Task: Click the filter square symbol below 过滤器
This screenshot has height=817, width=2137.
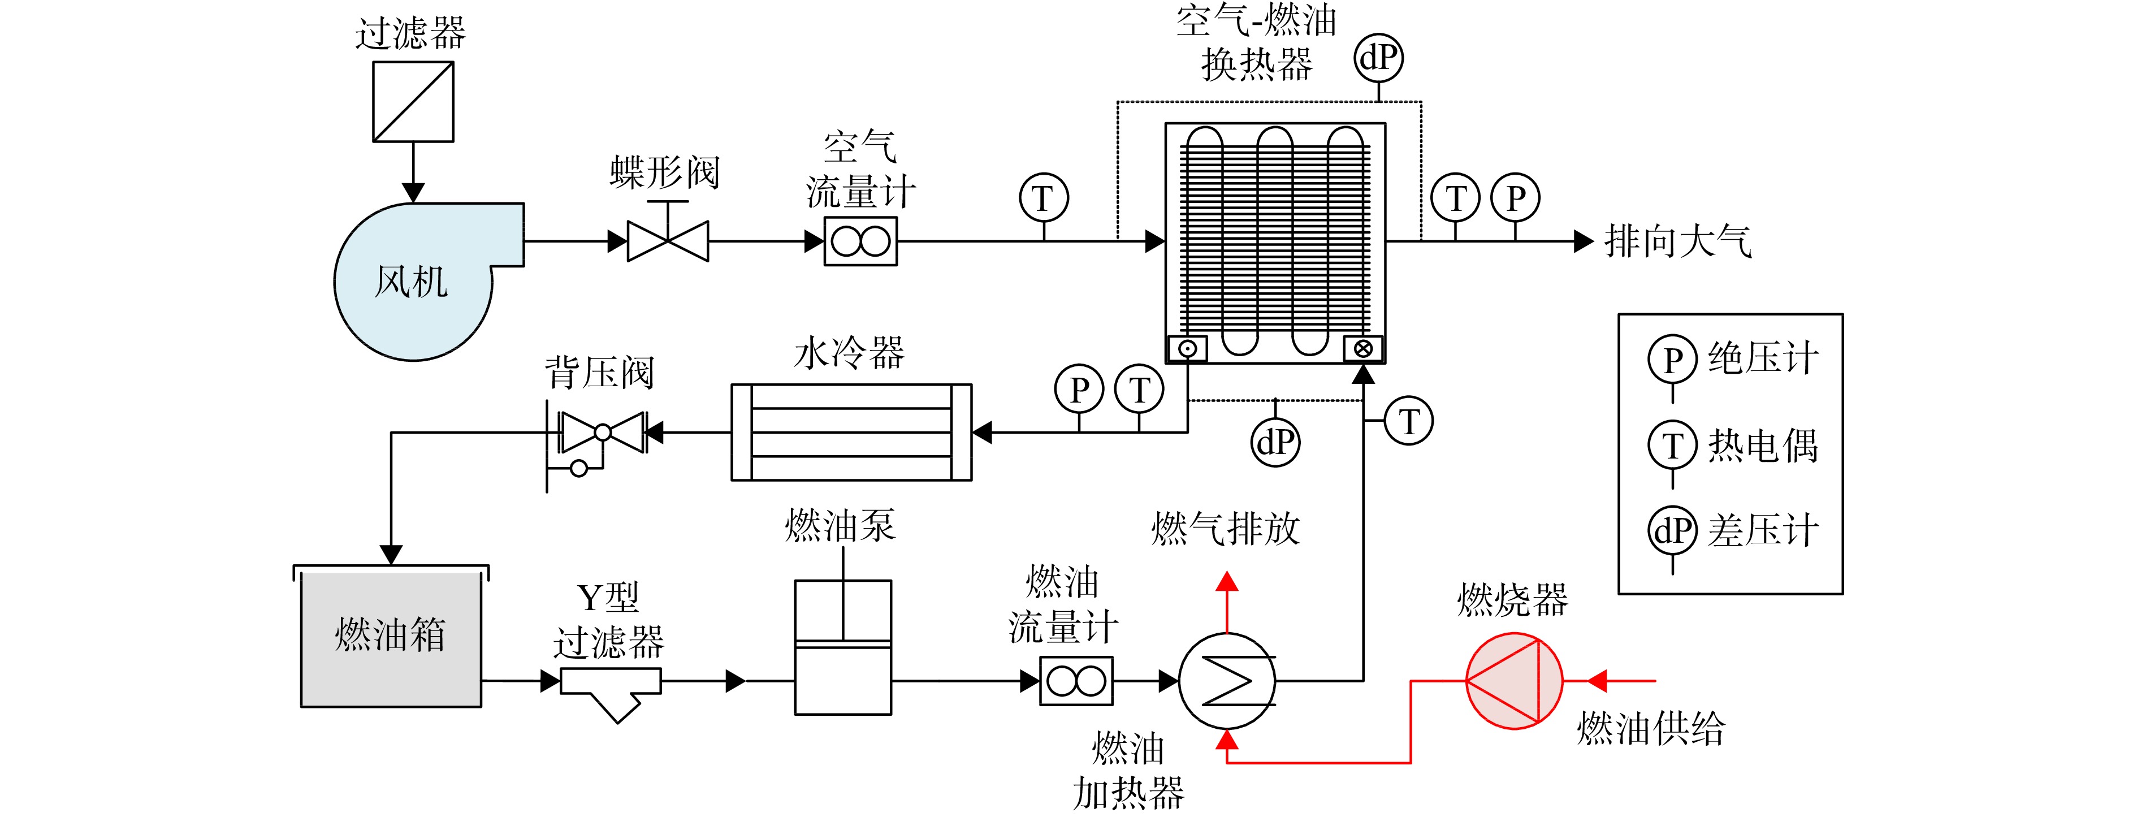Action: click(x=413, y=102)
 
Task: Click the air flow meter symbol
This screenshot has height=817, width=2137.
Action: click(x=860, y=241)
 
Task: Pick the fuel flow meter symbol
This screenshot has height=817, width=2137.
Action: click(x=1076, y=681)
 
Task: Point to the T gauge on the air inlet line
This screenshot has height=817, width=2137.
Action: click(x=1044, y=198)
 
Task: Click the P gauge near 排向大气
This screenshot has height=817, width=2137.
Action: click(x=1515, y=198)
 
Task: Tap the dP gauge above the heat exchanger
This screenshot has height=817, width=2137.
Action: click(x=1379, y=58)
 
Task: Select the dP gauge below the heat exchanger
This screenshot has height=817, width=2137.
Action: click(x=1275, y=441)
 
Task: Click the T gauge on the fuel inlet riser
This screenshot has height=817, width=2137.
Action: click(x=1409, y=421)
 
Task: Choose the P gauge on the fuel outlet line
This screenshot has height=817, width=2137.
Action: click(x=1079, y=389)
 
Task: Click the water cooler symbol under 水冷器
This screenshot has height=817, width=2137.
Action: click(x=851, y=432)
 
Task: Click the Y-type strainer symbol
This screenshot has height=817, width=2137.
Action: click(x=611, y=693)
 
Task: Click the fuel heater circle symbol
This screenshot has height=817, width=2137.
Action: click(x=1227, y=681)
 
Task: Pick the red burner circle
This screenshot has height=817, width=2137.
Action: click(x=1514, y=681)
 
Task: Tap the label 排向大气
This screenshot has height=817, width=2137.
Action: click(x=1677, y=241)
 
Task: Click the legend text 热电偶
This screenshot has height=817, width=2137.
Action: click(x=1763, y=446)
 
